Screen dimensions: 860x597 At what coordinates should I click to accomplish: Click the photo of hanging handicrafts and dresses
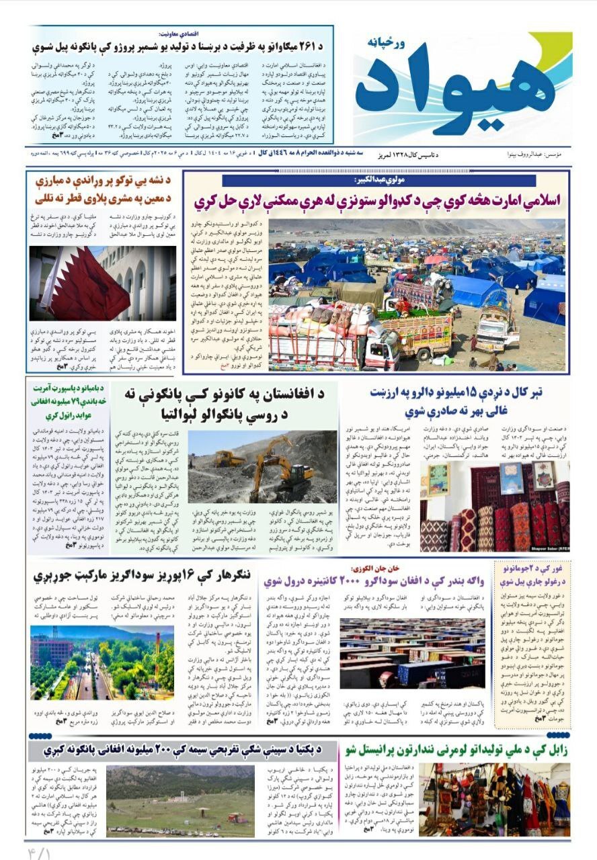pyautogui.click(x=494, y=798)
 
